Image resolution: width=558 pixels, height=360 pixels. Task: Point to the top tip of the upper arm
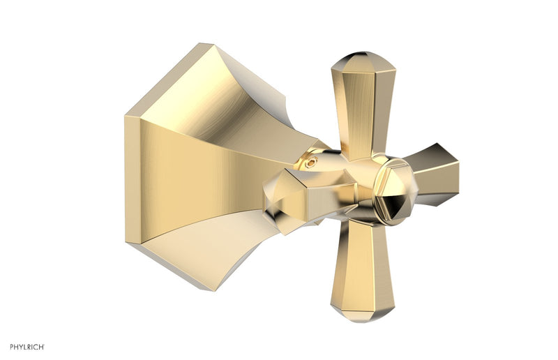pos(362,54)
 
